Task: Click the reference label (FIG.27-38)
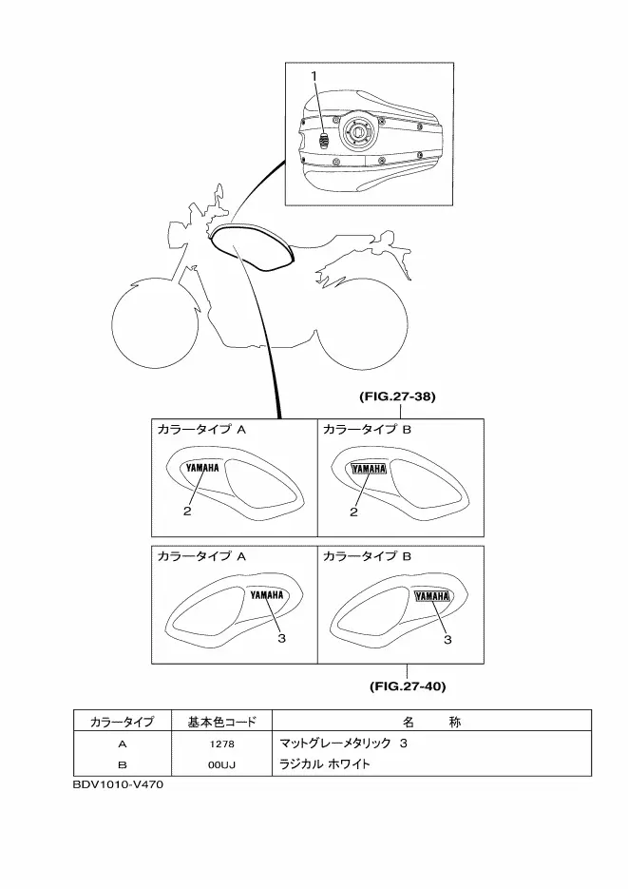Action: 398,397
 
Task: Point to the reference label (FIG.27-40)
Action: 408,684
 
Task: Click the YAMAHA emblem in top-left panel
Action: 202,468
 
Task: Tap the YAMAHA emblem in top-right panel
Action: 369,468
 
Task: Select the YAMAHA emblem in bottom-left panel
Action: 267,595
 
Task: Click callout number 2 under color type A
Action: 188,512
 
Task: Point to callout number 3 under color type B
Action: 447,639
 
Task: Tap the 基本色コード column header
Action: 218,723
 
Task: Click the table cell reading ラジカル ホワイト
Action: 324,763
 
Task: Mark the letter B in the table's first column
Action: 122,763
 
